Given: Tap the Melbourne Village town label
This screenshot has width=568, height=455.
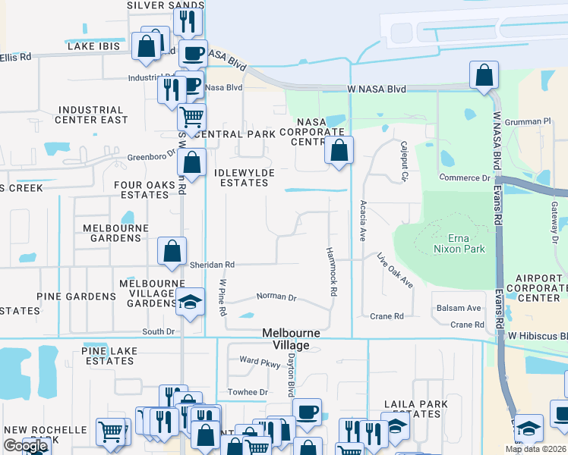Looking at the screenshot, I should coord(291,339).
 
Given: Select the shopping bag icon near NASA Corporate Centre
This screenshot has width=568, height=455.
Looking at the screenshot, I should coord(339,150).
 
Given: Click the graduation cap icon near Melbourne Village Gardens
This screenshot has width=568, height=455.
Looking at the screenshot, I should coord(190,302).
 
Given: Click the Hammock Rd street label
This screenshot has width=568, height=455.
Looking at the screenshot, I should coord(331,271).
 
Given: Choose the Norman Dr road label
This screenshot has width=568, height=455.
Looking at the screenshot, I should coord(276,297).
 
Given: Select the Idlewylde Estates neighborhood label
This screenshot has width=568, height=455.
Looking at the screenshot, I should coord(245,178).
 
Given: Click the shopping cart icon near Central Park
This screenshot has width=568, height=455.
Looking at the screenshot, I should coord(192,118).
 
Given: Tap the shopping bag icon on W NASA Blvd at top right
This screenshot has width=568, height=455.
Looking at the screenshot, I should coord(483,76).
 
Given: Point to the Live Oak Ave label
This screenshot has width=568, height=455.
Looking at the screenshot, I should coord(395,271).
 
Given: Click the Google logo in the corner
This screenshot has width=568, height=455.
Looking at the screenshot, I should coord(25,446).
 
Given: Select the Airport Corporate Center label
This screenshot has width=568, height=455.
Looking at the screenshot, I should coord(538,288).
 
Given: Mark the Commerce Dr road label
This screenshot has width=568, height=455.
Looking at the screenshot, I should coord(465,177).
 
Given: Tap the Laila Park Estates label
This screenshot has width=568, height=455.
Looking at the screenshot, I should coord(412,409).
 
